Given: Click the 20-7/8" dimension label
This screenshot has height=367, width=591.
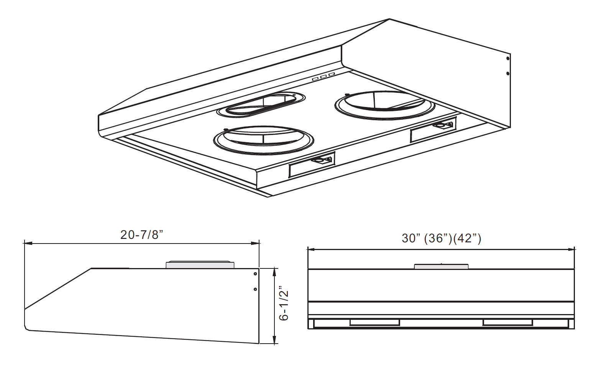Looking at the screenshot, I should click(142, 235).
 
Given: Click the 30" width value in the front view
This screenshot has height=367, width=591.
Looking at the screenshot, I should click(409, 238).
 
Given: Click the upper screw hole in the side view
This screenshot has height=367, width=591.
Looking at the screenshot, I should click(255, 274).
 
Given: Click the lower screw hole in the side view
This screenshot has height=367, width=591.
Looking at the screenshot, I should click(255, 289).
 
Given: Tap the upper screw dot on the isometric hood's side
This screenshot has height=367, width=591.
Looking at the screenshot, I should click(508, 59).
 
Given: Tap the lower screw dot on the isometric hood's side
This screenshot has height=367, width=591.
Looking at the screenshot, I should click(508, 73).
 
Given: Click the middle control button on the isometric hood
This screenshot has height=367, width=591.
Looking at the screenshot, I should click(323, 77).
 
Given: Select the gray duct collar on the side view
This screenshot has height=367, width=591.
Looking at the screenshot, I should click(200, 265).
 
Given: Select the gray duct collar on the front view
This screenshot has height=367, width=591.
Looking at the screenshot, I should click(441, 267).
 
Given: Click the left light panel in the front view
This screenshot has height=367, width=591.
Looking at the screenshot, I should click(374, 323).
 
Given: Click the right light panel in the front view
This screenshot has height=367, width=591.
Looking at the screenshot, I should click(507, 323).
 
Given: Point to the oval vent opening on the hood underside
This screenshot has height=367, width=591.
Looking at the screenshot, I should click(261, 105).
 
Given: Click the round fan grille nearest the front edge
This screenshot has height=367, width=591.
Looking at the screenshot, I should click(264, 140).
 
